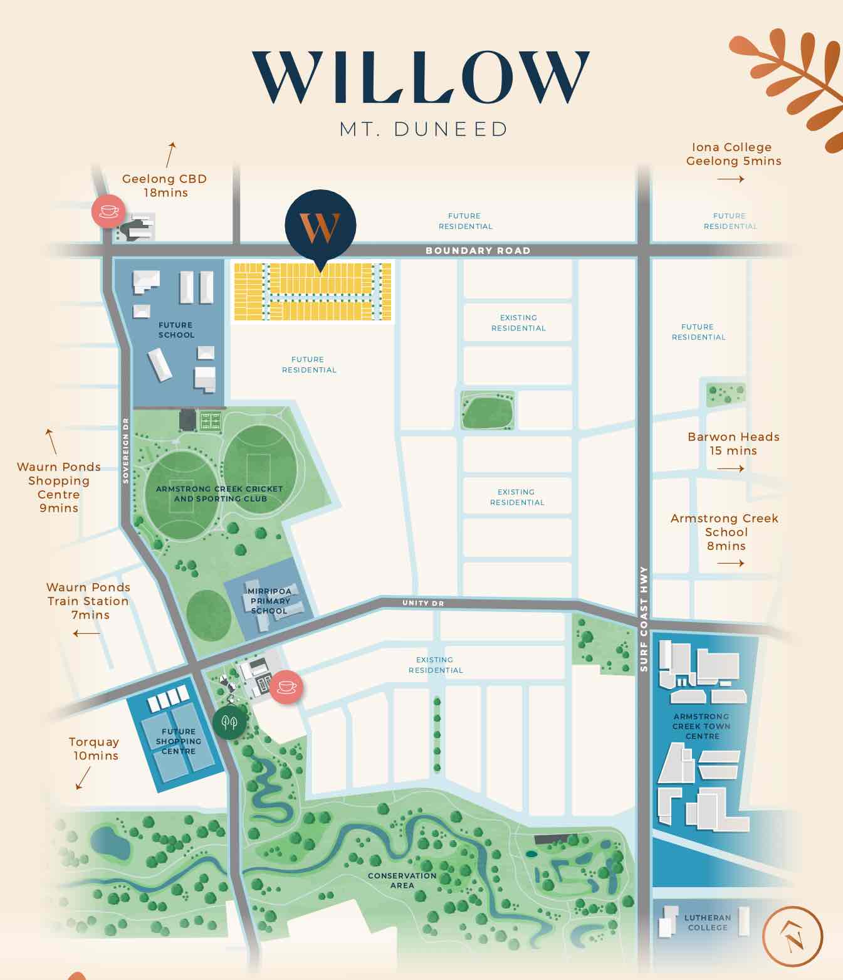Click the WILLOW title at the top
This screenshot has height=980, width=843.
(x=421, y=78)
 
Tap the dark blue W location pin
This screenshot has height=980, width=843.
(x=320, y=226)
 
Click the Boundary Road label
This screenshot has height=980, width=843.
(x=478, y=251)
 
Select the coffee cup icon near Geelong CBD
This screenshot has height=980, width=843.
(x=109, y=211)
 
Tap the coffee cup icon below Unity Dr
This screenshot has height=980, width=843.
(x=286, y=687)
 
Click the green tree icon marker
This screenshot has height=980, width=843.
(x=229, y=723)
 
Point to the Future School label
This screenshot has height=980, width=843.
(x=176, y=330)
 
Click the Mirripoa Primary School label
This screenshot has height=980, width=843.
(x=270, y=601)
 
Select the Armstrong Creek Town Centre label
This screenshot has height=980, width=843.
(x=701, y=726)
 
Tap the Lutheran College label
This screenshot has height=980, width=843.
(x=708, y=922)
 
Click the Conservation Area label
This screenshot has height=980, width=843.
(x=402, y=880)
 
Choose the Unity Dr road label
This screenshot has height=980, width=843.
(x=423, y=603)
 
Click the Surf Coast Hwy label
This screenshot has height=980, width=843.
(x=644, y=619)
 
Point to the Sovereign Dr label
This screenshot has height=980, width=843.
(x=126, y=450)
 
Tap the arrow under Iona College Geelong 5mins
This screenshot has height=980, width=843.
(x=730, y=179)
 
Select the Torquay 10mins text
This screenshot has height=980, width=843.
(x=95, y=749)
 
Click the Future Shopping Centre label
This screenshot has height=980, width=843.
(x=179, y=741)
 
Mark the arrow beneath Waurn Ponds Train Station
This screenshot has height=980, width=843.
(x=86, y=633)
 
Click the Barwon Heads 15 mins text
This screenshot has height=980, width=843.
(x=733, y=443)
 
